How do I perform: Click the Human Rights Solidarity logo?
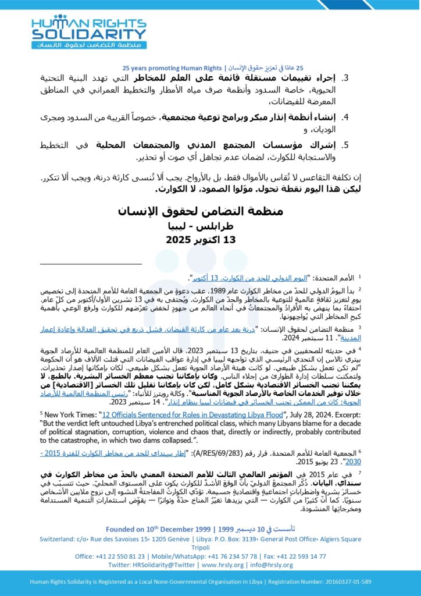click(90, 32)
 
